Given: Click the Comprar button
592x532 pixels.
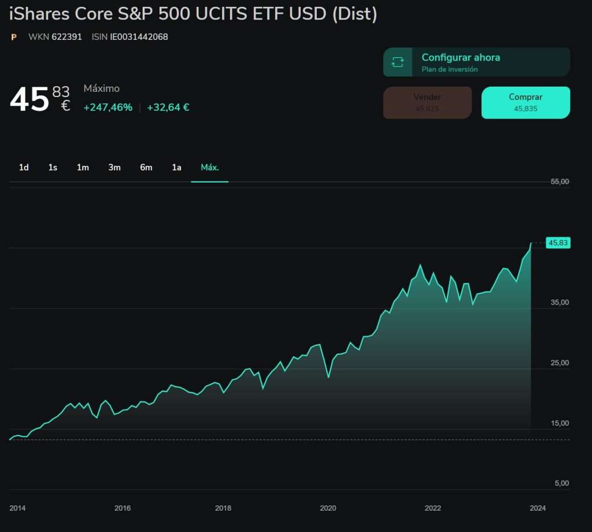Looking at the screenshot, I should tap(526, 103).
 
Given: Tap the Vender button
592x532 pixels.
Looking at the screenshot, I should tap(427, 103).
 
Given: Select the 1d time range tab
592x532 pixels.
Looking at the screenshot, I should tap(24, 168).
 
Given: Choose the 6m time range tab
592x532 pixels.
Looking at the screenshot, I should tap(146, 168).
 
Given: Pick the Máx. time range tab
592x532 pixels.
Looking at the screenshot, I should tap(209, 168).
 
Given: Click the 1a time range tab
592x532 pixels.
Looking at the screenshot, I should tap(176, 168).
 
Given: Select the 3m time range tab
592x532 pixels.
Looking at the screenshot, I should tap(114, 168).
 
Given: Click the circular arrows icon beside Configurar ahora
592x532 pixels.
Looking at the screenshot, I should tap(398, 62).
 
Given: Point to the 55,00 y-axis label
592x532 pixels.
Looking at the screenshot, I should tap(560, 181).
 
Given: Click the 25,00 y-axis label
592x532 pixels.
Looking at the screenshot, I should tap(560, 363).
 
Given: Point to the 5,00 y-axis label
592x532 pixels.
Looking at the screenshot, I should tap(561, 483).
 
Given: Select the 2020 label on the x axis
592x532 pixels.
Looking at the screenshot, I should tap(328, 508).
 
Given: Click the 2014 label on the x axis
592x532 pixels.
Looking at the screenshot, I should tap(17, 508).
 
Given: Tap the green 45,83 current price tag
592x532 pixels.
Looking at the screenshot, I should tap(558, 243).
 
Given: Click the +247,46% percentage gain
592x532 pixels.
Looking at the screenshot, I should tap(108, 107).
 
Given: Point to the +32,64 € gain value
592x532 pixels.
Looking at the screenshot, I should tap(168, 107).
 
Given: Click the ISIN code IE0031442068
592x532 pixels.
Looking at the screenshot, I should tap(139, 37).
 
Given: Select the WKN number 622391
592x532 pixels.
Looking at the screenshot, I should tap(66, 37).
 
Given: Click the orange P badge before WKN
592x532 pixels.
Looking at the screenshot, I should tap(14, 37).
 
